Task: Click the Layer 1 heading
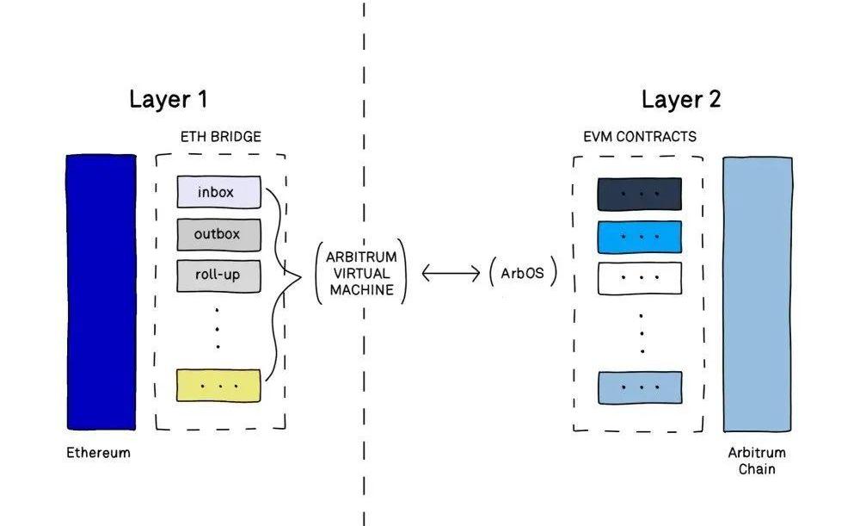point(169,99)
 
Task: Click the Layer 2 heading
point(681,99)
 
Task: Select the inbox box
point(218,192)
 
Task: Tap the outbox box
point(218,234)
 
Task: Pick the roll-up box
point(218,275)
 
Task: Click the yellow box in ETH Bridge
point(218,385)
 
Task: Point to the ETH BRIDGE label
point(220,137)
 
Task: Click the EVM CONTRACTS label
point(639,137)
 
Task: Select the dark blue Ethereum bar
point(101,292)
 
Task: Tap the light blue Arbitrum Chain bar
point(758,294)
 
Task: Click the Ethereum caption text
point(98,452)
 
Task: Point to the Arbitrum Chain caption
point(757,461)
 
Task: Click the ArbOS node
point(523,274)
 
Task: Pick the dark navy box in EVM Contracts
point(639,194)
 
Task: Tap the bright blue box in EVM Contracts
point(639,235)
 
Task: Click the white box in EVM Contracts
point(639,277)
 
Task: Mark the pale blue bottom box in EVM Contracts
point(639,387)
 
